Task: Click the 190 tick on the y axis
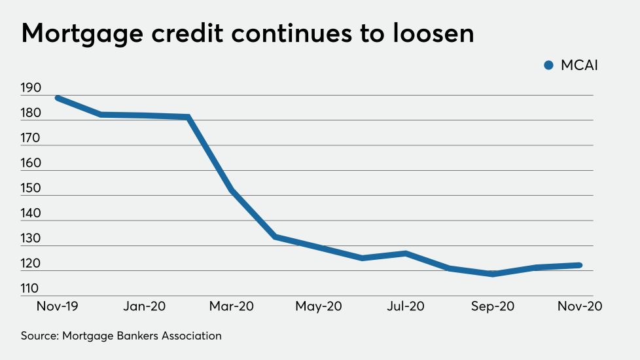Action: (x=30, y=88)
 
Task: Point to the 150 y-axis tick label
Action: (x=30, y=189)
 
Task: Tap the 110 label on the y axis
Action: (x=30, y=289)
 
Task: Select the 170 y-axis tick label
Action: (x=30, y=139)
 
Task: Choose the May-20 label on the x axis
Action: (x=319, y=306)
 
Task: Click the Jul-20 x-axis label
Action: (x=406, y=306)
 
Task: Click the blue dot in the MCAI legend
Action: (x=548, y=65)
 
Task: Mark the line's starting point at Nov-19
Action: (x=58, y=98)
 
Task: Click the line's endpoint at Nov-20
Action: (x=580, y=265)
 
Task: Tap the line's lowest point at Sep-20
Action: (x=493, y=274)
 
